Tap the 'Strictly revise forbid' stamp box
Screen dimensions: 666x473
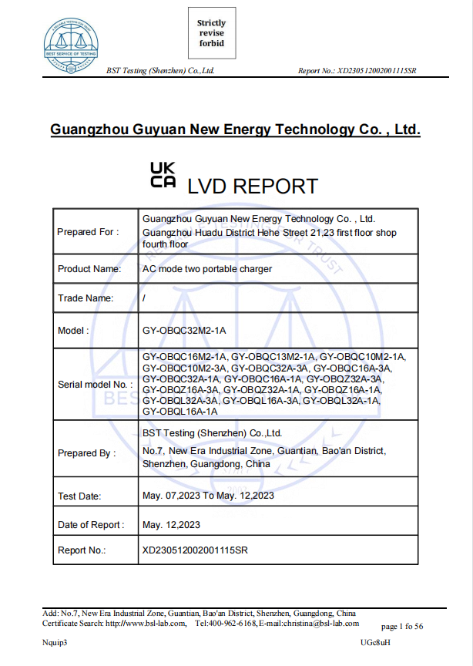pos(211,33)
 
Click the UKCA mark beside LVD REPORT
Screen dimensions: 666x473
pos(163,175)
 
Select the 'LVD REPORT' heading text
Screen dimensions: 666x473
pos(253,187)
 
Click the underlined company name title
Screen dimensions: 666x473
pos(235,129)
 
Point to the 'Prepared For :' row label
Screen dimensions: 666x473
pos(88,232)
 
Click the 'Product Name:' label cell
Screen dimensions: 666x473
pos(89,269)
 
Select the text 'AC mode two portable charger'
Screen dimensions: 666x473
pos(207,269)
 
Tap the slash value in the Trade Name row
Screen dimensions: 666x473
pos(145,298)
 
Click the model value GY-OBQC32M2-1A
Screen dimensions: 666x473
pos(184,331)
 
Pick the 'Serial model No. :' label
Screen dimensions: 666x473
pos(95,384)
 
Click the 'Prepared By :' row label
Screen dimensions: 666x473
pos(86,453)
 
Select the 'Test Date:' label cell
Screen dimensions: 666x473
pos(79,496)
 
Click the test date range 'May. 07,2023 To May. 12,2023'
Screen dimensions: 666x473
pos(208,496)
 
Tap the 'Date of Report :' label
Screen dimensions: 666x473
pos(90,525)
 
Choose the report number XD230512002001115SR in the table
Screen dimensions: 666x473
pos(196,550)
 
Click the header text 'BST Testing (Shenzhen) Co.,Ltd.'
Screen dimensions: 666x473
pos(159,71)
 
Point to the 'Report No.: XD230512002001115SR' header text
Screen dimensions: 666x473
pos(357,71)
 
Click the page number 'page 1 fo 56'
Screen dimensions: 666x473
pos(401,627)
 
